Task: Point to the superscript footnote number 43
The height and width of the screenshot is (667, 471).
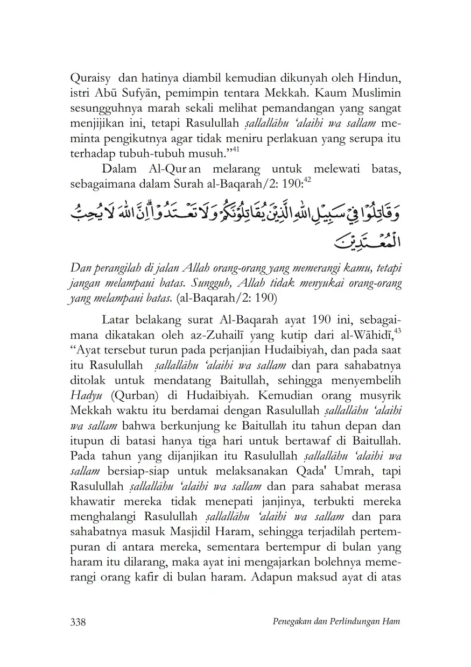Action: pos(399,331)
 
